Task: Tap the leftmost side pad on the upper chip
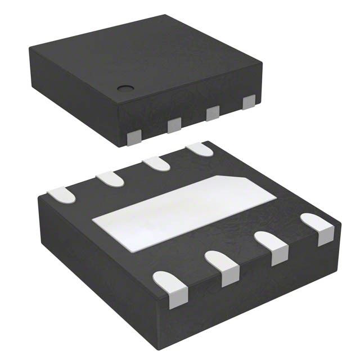click(135, 138)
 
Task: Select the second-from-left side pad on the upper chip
click(174, 125)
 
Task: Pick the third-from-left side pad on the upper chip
click(212, 113)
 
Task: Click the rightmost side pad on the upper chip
click(248, 102)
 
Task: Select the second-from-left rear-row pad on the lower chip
click(110, 178)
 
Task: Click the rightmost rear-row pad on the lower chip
click(199, 149)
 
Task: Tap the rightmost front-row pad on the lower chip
click(318, 227)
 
